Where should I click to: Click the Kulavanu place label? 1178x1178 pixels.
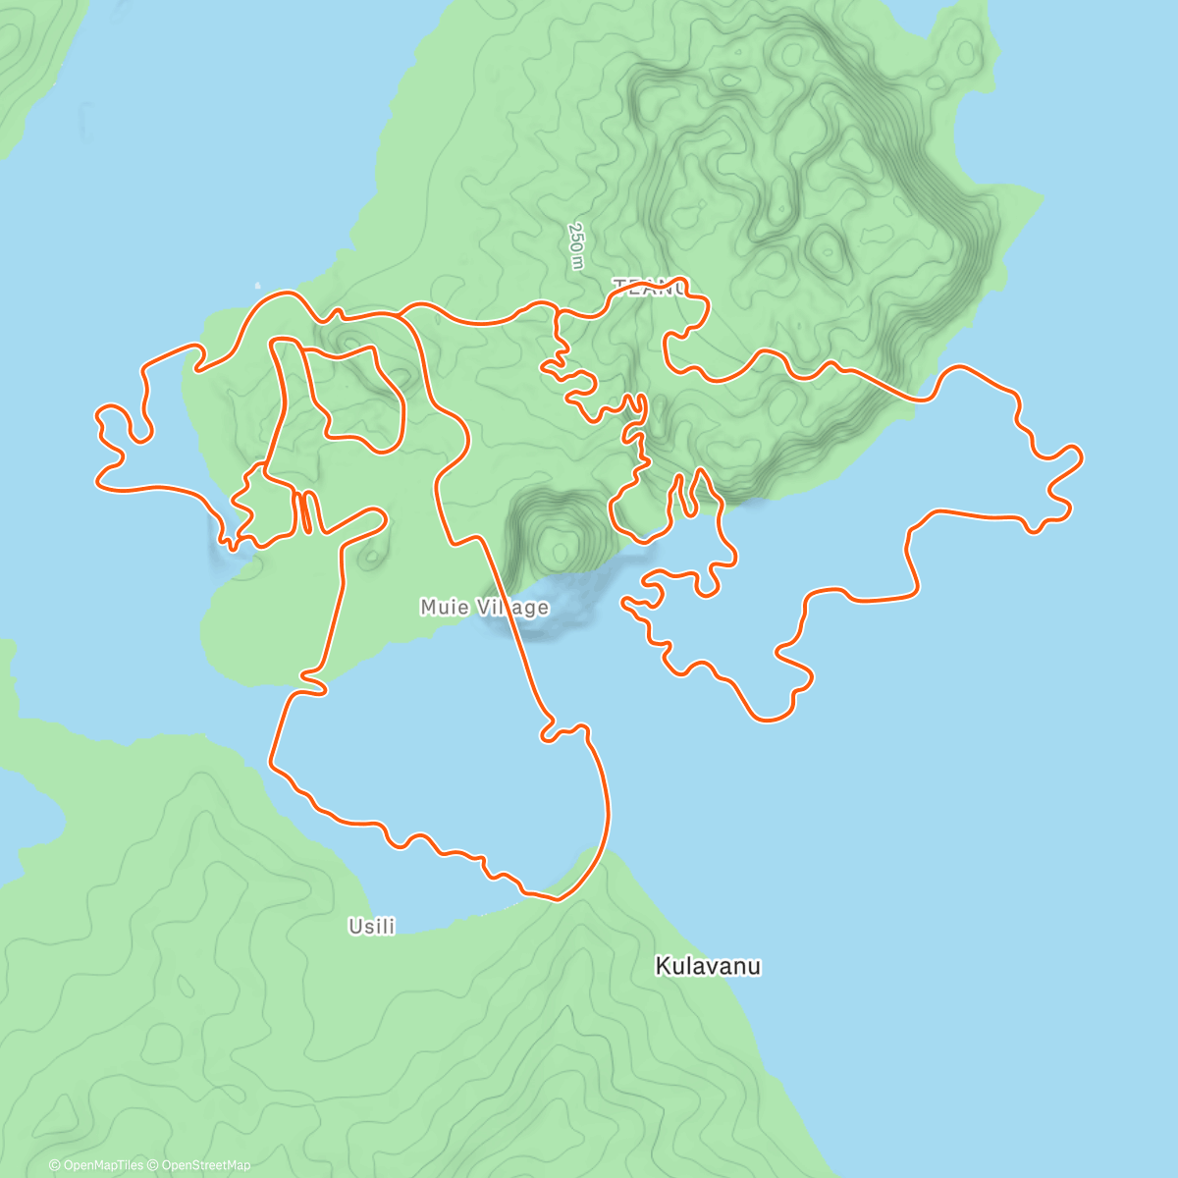[708, 966]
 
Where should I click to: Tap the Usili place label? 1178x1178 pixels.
[372, 926]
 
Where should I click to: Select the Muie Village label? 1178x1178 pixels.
[484, 608]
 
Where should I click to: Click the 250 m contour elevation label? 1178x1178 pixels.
[576, 245]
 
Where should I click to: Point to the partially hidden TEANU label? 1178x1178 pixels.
[648, 287]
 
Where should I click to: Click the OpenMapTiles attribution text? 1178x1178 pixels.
[95, 1165]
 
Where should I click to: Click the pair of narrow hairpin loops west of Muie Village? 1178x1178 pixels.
[305, 511]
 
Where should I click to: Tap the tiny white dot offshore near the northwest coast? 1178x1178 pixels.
[259, 279]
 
